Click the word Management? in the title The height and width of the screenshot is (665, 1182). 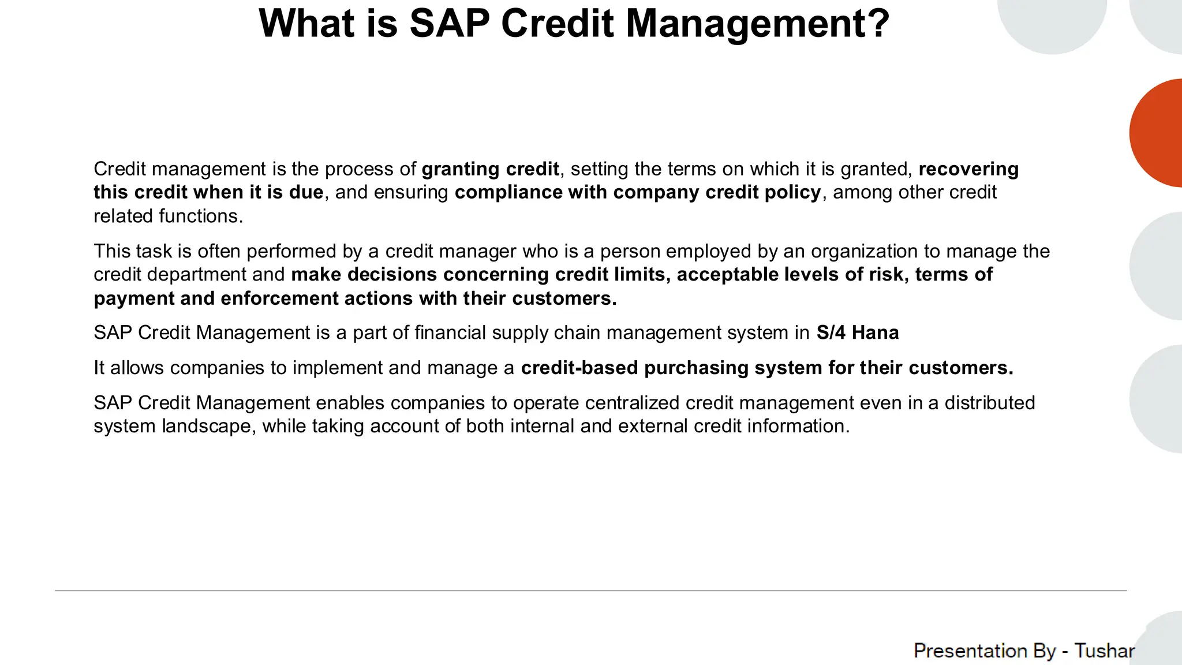[757, 24]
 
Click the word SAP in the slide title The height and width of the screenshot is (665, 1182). [449, 24]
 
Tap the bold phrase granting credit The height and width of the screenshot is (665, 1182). [490, 169]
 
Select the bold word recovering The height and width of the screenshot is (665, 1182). [968, 169]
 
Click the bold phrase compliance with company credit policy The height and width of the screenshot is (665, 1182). [637, 192]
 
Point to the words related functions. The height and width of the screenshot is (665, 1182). [168, 216]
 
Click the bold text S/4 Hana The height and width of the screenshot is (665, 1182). [857, 333]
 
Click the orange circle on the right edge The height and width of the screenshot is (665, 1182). [1160, 133]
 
